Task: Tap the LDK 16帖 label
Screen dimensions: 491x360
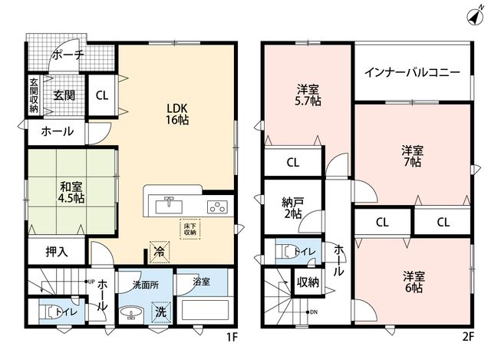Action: (x=177, y=114)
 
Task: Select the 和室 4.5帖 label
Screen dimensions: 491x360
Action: (x=71, y=193)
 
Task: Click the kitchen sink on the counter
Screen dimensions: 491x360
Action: (x=169, y=206)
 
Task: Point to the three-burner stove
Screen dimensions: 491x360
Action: (x=217, y=207)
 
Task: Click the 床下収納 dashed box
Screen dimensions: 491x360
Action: (x=190, y=229)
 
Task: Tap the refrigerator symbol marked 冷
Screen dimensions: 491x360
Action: (x=160, y=252)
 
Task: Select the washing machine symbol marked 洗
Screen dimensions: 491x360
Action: (x=161, y=312)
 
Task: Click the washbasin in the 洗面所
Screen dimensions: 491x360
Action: (x=132, y=312)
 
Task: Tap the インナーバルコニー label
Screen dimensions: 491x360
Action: (x=413, y=73)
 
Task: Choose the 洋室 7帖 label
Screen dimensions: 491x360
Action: (x=413, y=157)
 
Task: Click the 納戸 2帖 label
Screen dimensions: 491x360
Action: (x=292, y=208)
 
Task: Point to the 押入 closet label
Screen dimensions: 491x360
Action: (x=57, y=252)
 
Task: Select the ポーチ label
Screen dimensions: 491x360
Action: (x=68, y=55)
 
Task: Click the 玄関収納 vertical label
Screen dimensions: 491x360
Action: (x=34, y=95)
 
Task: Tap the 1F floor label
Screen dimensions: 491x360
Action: (x=232, y=337)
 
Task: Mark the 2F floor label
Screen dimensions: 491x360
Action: (x=469, y=337)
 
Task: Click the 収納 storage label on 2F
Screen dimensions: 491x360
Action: (x=308, y=282)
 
